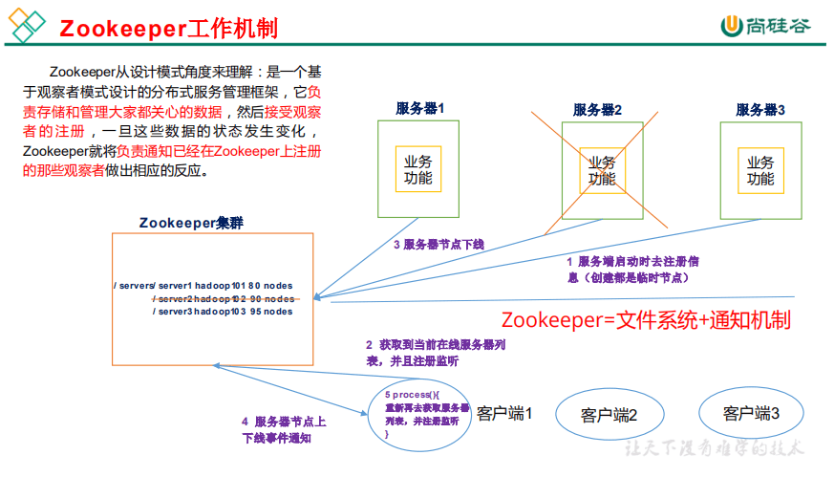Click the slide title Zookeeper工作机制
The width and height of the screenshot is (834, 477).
[x=169, y=28]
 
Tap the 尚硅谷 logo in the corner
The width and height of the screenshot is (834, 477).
[x=764, y=26]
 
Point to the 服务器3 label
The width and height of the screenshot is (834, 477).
[x=760, y=110]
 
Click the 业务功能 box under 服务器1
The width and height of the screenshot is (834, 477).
[x=418, y=169]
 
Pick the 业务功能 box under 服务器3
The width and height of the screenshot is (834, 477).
[x=759, y=170]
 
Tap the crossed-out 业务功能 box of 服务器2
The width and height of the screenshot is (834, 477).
[x=601, y=170]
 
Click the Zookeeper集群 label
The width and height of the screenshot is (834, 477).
[x=191, y=223]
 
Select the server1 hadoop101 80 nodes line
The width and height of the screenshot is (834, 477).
[x=203, y=286]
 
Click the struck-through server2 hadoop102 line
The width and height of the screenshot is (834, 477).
[x=222, y=298]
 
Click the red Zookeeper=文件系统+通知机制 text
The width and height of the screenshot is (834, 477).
[x=646, y=319]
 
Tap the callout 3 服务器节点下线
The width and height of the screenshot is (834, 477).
[x=438, y=245]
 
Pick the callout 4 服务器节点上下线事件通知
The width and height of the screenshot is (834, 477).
[x=284, y=429]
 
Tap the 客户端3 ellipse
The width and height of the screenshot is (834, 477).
[x=751, y=414]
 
